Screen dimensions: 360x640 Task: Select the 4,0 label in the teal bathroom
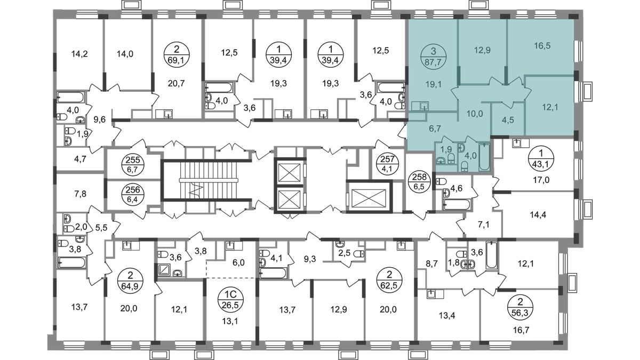(471, 156)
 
